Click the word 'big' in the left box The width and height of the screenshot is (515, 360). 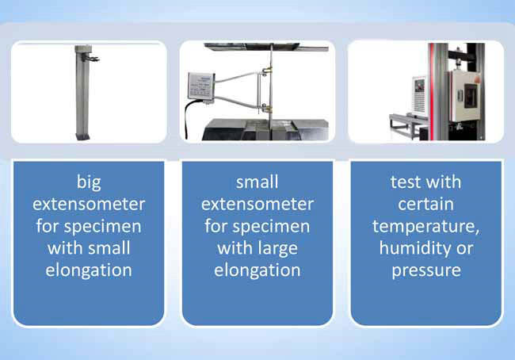[89, 183]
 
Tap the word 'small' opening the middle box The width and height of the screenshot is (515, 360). [257, 182]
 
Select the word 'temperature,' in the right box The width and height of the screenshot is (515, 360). [425, 227]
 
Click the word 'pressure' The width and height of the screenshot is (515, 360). [426, 270]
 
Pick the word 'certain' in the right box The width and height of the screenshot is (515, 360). [425, 204]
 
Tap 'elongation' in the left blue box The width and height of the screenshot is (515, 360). [89, 270]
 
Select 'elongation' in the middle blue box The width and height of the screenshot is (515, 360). [257, 270]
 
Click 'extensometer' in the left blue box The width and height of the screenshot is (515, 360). [89, 204]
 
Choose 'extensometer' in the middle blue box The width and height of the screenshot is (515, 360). [257, 204]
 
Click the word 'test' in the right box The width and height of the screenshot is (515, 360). [404, 182]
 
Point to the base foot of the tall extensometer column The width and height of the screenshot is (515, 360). [82, 136]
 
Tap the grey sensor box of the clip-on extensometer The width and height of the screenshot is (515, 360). [200, 86]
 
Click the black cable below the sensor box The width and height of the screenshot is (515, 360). [186, 118]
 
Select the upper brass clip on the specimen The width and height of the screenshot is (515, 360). [267, 70]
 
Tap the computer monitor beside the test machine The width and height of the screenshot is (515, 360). [419, 96]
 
